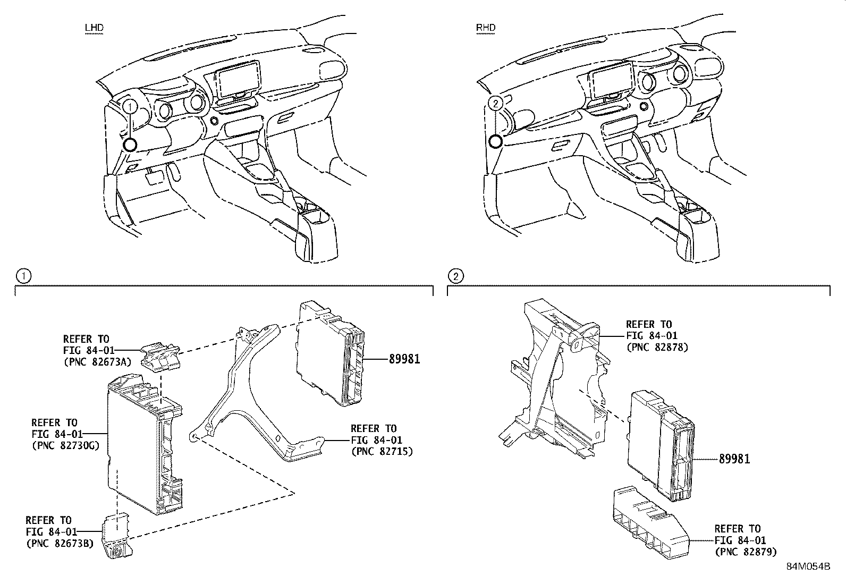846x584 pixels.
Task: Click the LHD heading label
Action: pyautogui.click(x=94, y=27)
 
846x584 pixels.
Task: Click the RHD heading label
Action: pyautogui.click(x=486, y=27)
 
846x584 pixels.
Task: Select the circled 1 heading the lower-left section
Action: pyautogui.click(x=23, y=276)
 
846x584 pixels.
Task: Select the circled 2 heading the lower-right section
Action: pyautogui.click(x=456, y=276)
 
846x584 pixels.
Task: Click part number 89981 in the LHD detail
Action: pyautogui.click(x=404, y=359)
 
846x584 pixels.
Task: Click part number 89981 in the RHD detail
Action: pyautogui.click(x=734, y=459)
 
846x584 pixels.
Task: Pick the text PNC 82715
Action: pyautogui.click(x=382, y=451)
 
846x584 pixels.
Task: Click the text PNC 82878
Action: pyautogui.click(x=657, y=347)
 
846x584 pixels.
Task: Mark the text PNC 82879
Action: pyautogui.click(x=746, y=552)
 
